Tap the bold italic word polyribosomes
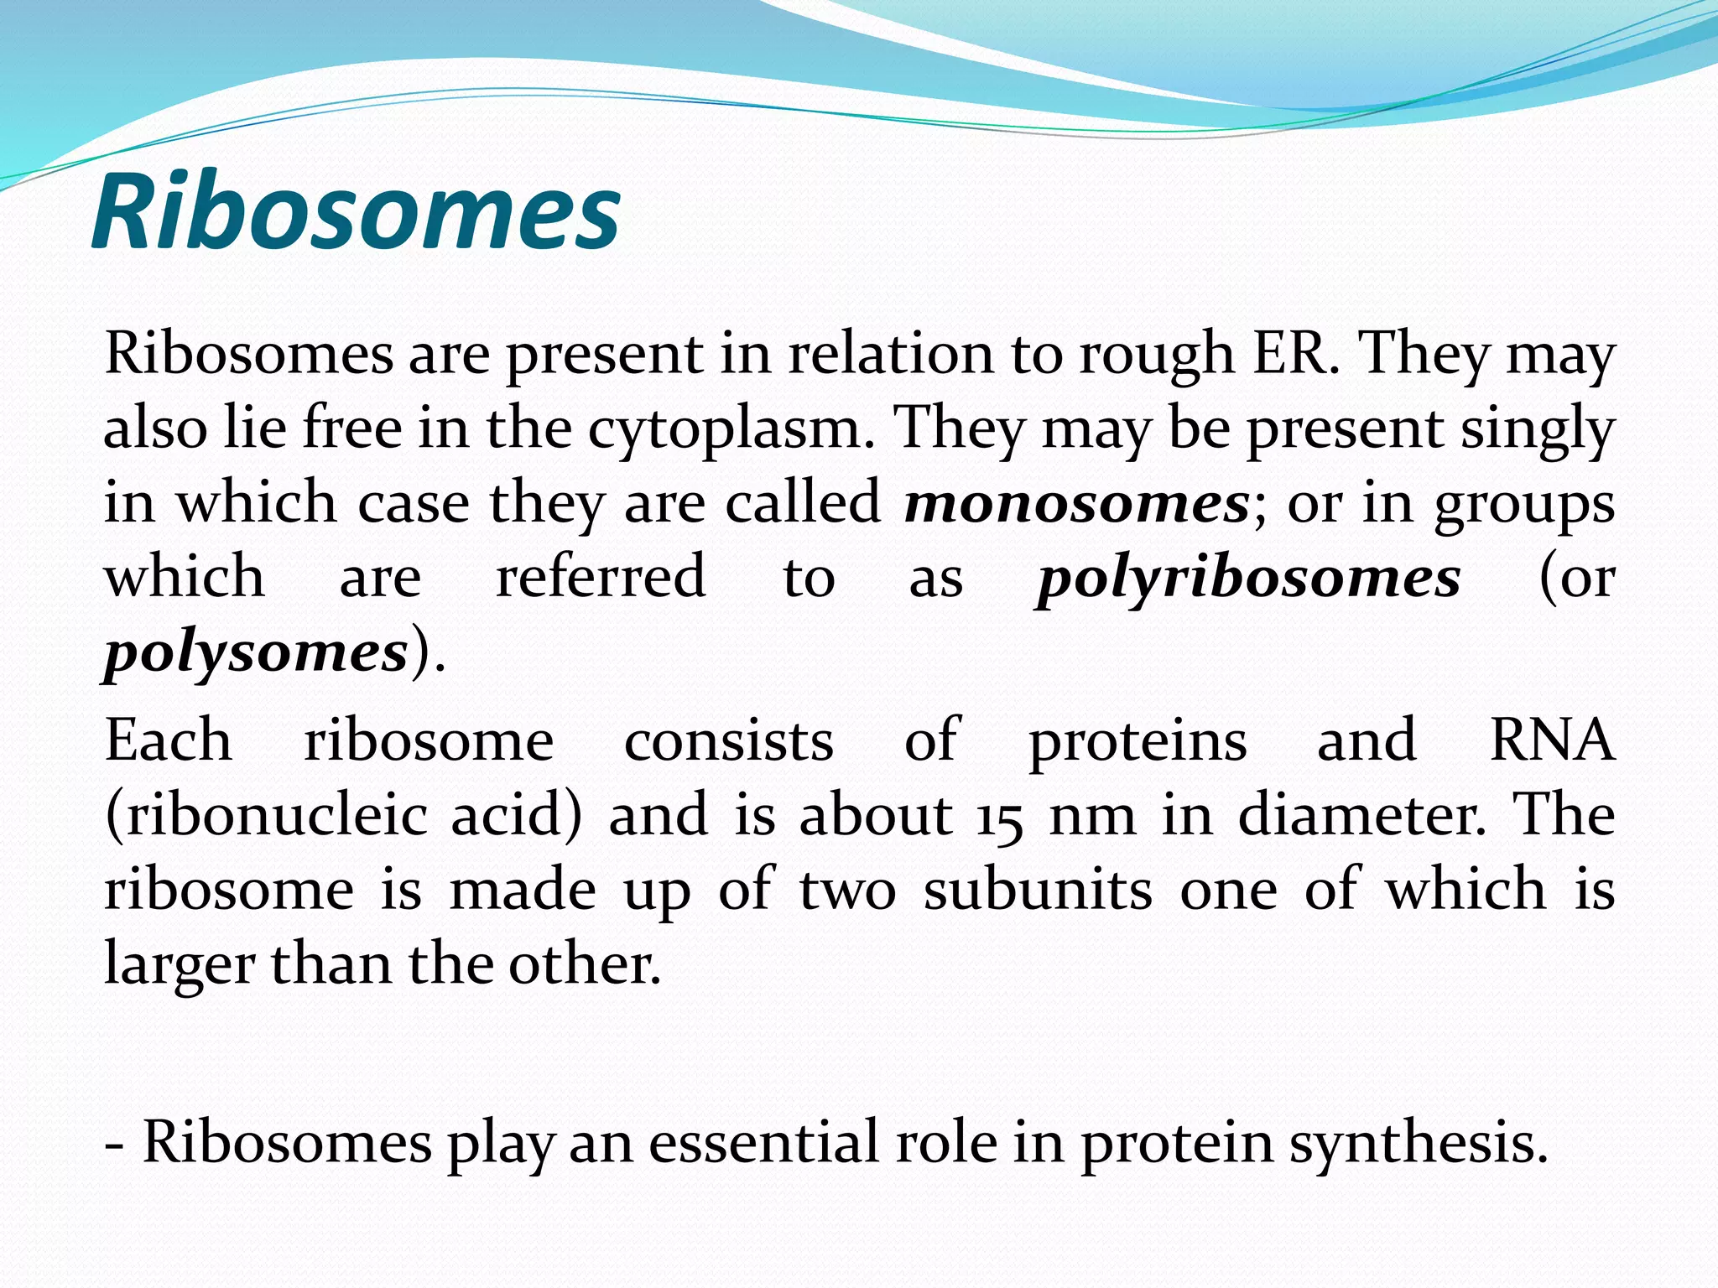point(1248,579)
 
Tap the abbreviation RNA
point(1552,741)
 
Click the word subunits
point(1038,891)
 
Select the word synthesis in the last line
point(1418,1144)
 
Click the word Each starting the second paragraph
point(169,741)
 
